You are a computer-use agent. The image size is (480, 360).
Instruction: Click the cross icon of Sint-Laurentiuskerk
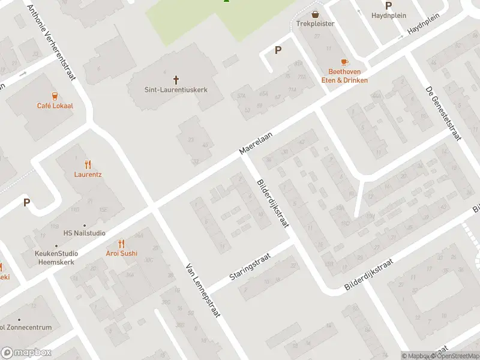pos(176,79)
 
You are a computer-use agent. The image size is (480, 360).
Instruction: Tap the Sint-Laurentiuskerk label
pos(176,89)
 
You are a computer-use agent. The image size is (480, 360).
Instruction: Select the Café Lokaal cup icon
pos(55,95)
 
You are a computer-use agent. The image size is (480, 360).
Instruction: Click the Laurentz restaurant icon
pos(88,164)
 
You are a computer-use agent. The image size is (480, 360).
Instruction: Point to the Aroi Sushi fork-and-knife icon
pos(122,243)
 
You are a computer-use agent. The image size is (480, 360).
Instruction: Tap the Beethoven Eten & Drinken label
pos(347,76)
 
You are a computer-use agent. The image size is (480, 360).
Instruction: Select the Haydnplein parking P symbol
pos(388,5)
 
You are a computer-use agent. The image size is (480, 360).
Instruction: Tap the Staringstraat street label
pos(250,268)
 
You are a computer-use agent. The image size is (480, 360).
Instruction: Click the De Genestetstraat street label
pos(442,113)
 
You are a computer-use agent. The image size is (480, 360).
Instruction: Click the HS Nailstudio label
pos(85,233)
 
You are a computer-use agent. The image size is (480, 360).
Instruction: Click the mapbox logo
pos(26,353)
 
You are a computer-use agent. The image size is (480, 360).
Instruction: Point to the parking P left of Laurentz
pos(26,203)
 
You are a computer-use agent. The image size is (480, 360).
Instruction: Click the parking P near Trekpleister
pos(277,50)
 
